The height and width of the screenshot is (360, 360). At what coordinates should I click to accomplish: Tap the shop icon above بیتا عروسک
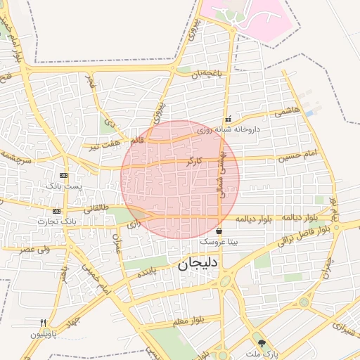tap(219, 231)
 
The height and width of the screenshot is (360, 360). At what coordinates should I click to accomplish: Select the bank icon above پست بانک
tap(64, 175)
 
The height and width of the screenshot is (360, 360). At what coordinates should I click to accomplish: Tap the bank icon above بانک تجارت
tap(56, 211)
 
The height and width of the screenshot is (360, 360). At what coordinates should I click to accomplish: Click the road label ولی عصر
tap(34, 249)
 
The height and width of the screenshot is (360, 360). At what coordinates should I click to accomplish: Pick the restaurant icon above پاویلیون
tap(44, 323)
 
